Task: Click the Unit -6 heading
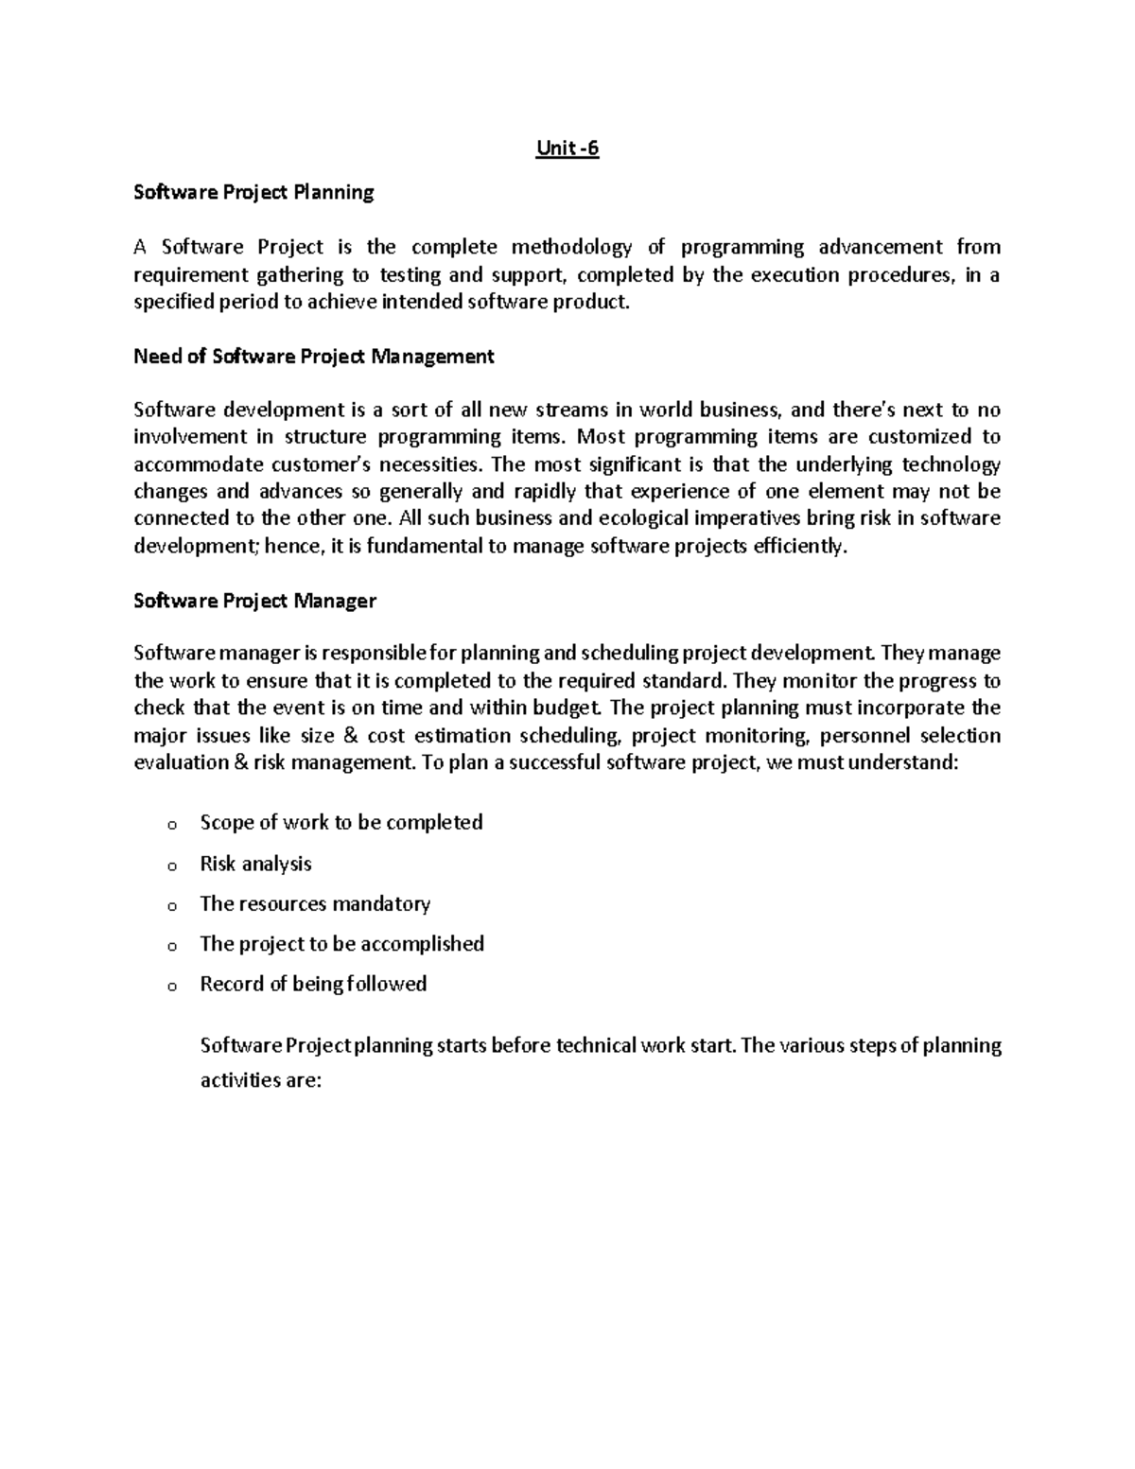pos(567,149)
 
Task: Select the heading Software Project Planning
pos(253,193)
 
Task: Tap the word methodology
pos(571,248)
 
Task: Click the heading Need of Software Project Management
pos(313,357)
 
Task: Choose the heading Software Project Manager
pos(254,601)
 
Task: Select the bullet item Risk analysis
pos(255,864)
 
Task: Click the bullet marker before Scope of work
pos(171,825)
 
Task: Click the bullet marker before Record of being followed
pos(171,987)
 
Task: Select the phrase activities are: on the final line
pos(261,1080)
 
